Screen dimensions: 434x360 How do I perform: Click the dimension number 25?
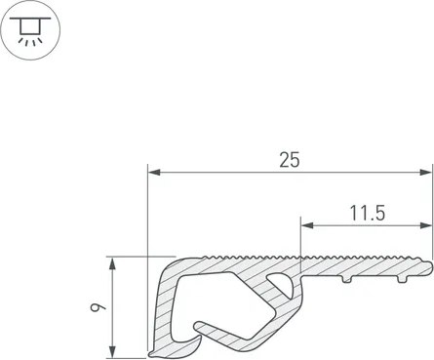pyautogui.click(x=290, y=160)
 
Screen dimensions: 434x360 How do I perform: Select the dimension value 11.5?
pyautogui.click(x=368, y=214)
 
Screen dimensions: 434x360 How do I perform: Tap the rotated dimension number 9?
pyautogui.click(x=98, y=307)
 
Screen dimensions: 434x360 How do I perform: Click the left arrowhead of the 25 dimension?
pyautogui.click(x=154, y=173)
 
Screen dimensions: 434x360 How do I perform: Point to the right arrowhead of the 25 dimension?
pyautogui.click(x=426, y=173)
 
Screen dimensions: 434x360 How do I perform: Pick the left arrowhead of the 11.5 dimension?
pyautogui.click(x=307, y=225)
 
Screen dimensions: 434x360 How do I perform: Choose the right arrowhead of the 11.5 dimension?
pyautogui.click(x=426, y=225)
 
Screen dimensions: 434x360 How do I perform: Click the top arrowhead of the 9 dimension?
pyautogui.click(x=112, y=263)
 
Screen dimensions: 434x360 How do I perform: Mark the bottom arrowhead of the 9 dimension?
pyautogui.click(x=112, y=351)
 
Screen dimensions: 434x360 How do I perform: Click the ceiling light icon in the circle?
pyautogui.click(x=30, y=30)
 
